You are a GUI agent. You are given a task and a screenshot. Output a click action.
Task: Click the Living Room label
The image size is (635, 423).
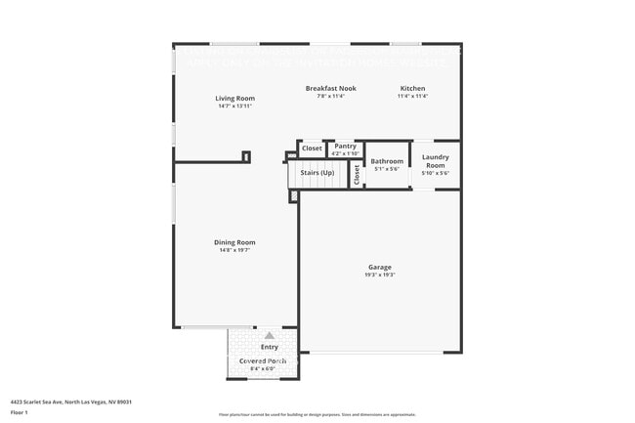[x=235, y=98]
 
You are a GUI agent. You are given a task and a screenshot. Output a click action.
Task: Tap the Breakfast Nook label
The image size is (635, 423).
[x=330, y=88]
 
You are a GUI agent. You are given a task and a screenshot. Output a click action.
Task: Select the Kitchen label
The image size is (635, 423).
[x=412, y=88]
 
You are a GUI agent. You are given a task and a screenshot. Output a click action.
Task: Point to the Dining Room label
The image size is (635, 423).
[x=234, y=242]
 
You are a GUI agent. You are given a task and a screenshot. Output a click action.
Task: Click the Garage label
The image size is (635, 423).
[x=380, y=267]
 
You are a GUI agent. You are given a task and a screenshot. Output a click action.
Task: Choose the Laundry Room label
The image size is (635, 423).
[x=435, y=161]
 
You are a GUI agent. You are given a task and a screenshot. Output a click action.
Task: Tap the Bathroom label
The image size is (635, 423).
[x=387, y=160]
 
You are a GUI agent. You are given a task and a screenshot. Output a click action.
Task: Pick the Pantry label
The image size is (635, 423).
[x=345, y=146]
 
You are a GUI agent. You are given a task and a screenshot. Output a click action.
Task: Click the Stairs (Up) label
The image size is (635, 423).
[x=317, y=173]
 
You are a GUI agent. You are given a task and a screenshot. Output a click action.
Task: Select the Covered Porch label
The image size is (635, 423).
[x=263, y=360]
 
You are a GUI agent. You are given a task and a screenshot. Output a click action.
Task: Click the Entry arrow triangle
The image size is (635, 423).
[x=269, y=335]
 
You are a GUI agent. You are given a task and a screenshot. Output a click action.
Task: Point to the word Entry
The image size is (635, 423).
[x=269, y=347]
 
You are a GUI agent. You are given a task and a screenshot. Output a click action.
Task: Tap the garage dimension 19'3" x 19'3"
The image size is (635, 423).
[x=380, y=275]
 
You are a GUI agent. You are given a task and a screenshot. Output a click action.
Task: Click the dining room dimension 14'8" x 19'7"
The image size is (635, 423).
[x=234, y=250]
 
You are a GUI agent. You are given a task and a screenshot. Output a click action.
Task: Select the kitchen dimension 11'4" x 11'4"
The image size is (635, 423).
[x=412, y=96]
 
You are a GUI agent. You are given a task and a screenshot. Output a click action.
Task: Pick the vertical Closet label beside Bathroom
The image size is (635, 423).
[x=358, y=174]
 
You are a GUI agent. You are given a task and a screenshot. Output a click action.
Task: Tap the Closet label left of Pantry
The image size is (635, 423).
[x=312, y=148]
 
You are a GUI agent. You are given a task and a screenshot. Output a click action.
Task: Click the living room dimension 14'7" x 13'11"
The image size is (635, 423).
[x=235, y=106]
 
